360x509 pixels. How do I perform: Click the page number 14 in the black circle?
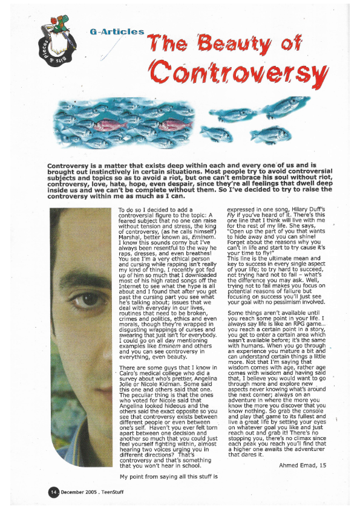coord(53,492)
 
